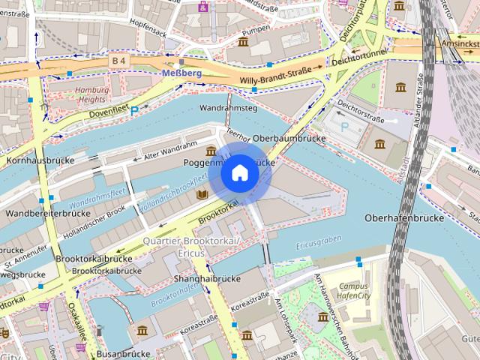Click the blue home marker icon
pos(239,173)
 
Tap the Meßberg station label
pos(181,72)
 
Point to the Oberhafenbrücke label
pos(403,217)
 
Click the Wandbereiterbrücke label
pos(46,213)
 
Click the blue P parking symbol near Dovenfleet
pos(134,109)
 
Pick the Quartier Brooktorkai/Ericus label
pos(190,247)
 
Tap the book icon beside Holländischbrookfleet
pos(201,194)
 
